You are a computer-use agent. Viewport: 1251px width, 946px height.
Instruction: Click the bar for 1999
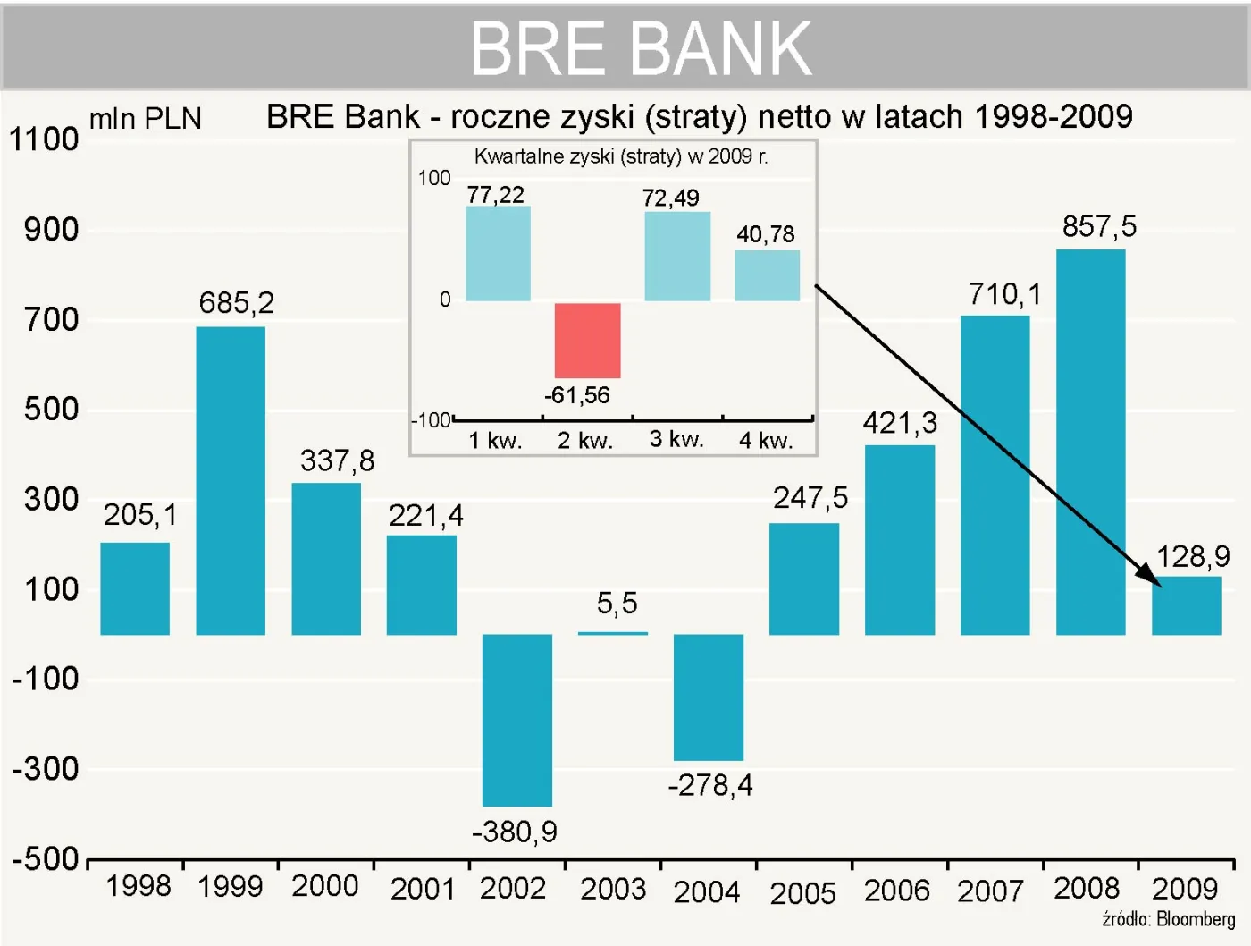point(231,481)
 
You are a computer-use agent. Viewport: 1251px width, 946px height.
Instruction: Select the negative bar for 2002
point(516,720)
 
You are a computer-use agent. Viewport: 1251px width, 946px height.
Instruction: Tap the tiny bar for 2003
point(612,633)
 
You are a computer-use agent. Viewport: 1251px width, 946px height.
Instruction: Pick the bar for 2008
point(1090,443)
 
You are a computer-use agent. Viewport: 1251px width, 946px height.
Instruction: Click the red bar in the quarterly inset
point(587,341)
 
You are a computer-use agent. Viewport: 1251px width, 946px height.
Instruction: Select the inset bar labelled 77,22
point(498,254)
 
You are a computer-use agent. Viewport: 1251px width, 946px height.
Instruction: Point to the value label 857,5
point(1099,227)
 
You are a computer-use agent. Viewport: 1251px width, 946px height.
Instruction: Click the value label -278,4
point(710,785)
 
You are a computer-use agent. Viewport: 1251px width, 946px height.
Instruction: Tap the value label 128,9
point(1193,557)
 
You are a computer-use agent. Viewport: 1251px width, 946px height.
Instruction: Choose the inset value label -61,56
point(577,395)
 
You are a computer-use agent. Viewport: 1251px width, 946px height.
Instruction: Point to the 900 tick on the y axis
point(52,230)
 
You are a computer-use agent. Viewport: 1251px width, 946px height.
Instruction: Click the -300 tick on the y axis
point(46,769)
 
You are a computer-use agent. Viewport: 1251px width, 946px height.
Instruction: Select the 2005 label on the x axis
point(802,892)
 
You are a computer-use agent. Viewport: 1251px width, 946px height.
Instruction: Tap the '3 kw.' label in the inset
point(676,439)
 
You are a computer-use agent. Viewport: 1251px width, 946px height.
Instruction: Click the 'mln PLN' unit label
point(146,119)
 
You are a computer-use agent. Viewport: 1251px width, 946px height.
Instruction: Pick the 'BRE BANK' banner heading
point(641,48)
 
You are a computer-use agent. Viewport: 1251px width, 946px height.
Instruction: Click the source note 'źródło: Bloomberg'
point(1168,919)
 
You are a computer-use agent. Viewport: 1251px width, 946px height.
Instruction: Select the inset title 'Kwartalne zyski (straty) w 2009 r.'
point(621,156)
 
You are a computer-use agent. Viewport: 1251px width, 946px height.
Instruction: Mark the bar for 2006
point(900,540)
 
